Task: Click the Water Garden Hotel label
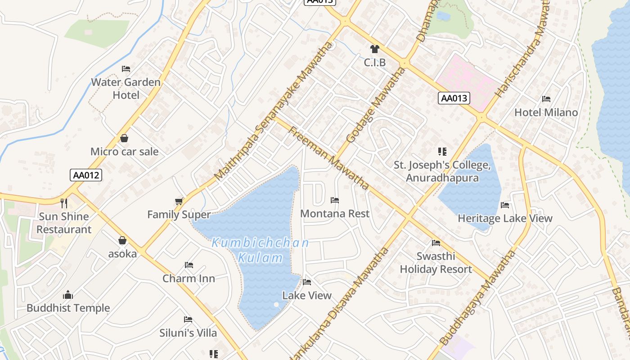tap(126, 89)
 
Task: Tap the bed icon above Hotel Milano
tap(546, 99)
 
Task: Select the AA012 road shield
tap(86, 175)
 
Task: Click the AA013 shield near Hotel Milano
tap(454, 98)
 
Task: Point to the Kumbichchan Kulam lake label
tap(261, 250)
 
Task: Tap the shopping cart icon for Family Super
tap(179, 201)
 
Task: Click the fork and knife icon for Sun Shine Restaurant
tap(64, 203)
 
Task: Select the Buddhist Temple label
tap(68, 308)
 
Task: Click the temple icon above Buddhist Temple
tap(68, 295)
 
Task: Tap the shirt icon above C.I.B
tap(374, 49)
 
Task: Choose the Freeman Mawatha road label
tap(328, 158)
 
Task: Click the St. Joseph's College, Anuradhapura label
tap(442, 171)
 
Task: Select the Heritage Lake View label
tap(505, 219)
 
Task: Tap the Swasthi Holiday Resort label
tap(436, 263)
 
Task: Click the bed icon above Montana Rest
tap(335, 200)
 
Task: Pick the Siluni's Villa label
tap(188, 333)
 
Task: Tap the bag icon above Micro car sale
tap(124, 138)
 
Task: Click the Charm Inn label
tap(189, 279)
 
